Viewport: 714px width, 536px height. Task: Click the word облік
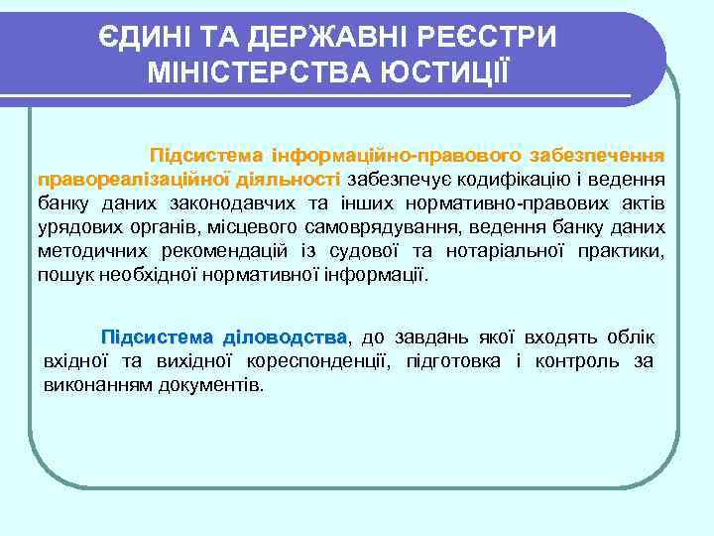coord(636,336)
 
